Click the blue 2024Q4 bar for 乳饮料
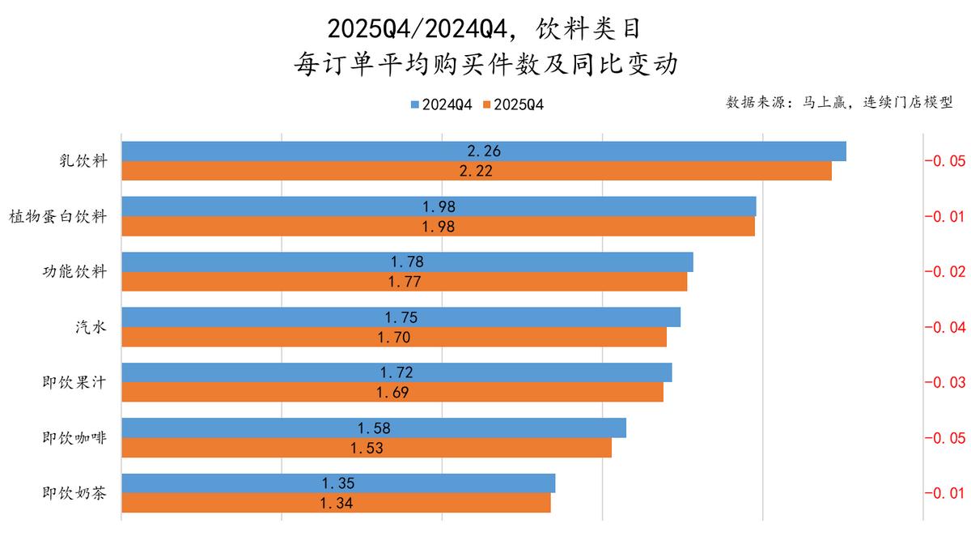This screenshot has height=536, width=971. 647,151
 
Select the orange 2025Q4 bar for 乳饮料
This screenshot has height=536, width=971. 647,171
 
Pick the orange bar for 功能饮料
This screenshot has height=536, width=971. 566,282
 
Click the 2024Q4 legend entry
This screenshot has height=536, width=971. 441,104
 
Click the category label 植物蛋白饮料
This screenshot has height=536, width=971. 58,216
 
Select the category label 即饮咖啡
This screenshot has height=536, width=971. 74,437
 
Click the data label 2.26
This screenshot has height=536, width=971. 484,151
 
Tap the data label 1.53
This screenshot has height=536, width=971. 367,448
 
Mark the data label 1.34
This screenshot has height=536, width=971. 337,504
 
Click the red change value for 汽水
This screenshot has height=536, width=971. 944,327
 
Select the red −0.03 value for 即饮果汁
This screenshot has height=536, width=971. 944,382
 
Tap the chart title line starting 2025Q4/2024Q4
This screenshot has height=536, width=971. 485,29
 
